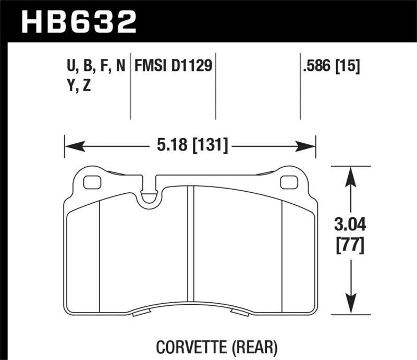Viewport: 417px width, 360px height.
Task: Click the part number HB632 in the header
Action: [x=78, y=22]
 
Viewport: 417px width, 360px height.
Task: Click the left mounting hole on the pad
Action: [x=93, y=182]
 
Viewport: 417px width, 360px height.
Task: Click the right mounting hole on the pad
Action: [x=287, y=182]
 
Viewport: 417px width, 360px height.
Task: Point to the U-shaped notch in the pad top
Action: [x=151, y=196]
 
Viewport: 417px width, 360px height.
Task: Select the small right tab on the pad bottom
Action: [x=240, y=313]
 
